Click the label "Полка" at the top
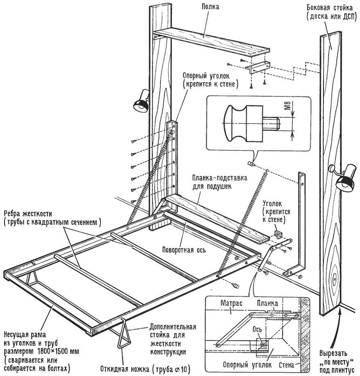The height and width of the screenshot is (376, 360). click(211, 7)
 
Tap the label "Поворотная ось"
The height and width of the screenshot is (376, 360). click(183, 249)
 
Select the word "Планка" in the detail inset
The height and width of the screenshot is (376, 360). click(268, 303)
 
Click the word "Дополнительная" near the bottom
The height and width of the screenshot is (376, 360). click(173, 327)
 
